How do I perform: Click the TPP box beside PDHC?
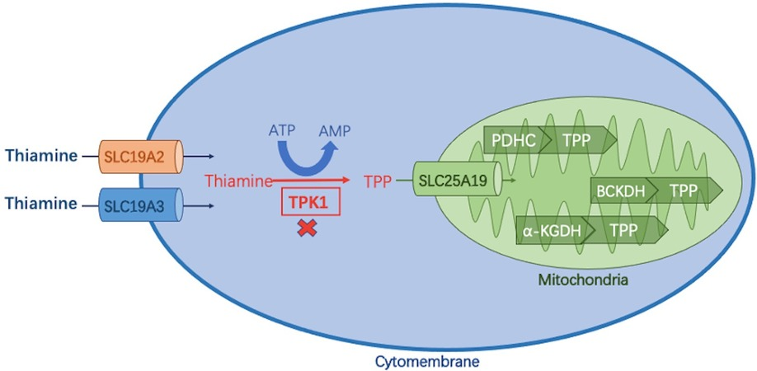pos(581,140)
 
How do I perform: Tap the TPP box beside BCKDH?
pos(688,190)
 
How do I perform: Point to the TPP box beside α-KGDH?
pos(626,232)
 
